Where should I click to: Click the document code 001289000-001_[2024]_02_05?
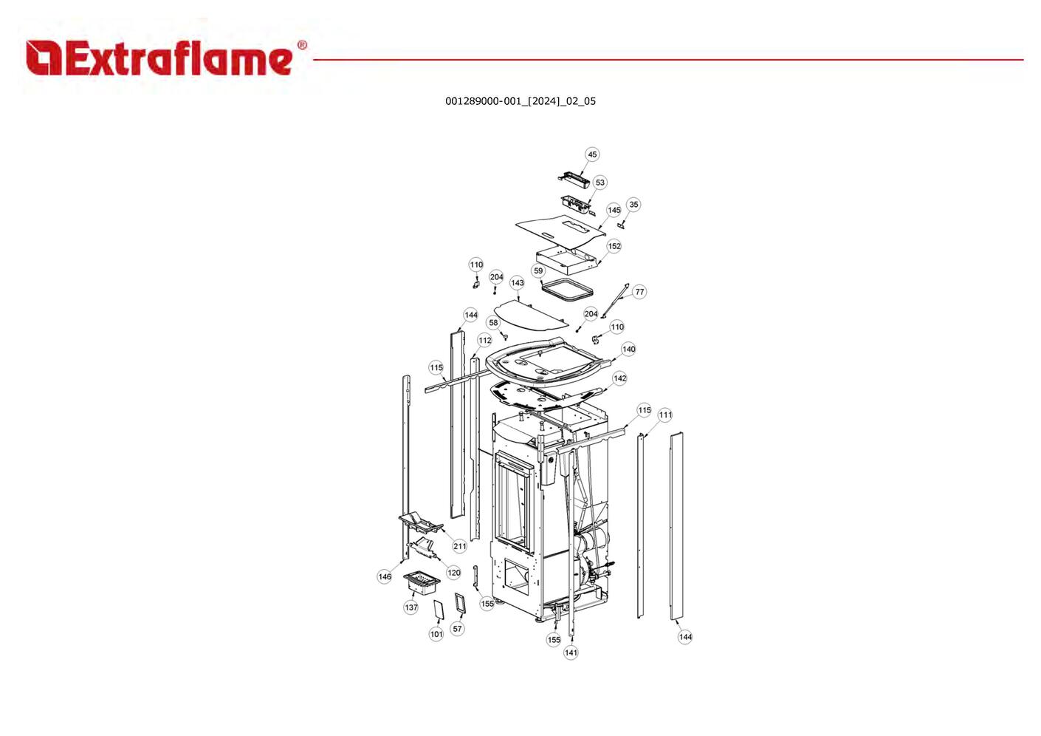coord(520,101)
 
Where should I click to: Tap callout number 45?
coord(592,154)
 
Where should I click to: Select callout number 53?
coord(599,183)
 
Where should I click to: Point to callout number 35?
coord(633,205)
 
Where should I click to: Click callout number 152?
coord(614,246)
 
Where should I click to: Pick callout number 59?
coord(538,271)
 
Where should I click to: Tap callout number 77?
coord(639,292)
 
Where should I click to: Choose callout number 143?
coord(518,283)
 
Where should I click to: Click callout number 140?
coord(628,350)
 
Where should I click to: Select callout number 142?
coord(619,378)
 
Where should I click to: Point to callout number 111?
coord(665,415)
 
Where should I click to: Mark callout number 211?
coord(459,546)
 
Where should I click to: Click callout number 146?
coord(385,576)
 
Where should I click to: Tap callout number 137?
coord(411,607)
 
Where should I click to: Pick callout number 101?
coord(436,634)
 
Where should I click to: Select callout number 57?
coord(458,629)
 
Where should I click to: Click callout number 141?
coord(571,652)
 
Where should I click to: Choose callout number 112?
coord(484,341)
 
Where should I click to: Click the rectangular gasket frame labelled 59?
coord(566,290)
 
